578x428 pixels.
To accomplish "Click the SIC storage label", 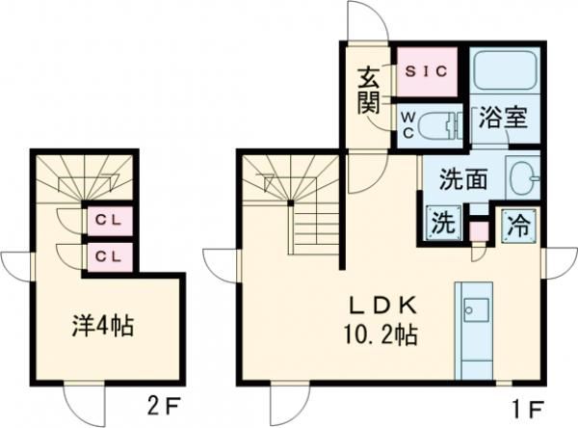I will pyautogui.click(x=428, y=70).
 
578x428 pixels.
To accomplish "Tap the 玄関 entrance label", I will pyautogui.click(x=369, y=90).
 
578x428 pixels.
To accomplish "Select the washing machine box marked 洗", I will pyautogui.click(x=442, y=224).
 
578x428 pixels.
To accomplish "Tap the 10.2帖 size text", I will pyautogui.click(x=382, y=337).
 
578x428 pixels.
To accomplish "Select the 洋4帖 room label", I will pyautogui.click(x=99, y=326).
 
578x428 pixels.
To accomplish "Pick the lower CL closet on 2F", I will pyautogui.click(x=107, y=255).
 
